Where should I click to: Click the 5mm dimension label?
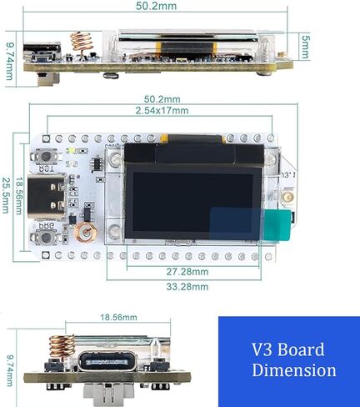coord(305,47)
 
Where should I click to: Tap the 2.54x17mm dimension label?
coord(162,111)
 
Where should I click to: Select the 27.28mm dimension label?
coord(187,272)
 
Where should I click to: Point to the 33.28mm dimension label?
coord(187,287)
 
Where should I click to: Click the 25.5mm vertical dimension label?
coord(6,195)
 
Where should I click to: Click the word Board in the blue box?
coord(301,349)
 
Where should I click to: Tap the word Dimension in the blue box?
coord(294,370)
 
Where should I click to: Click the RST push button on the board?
coord(46,156)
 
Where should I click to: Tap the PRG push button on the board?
coord(46,238)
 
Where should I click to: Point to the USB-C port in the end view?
coord(106,362)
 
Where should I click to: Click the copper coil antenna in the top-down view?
coord(86,232)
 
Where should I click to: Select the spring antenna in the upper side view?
coord(81,43)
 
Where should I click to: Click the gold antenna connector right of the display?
coord(287,197)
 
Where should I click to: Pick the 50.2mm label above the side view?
coord(157,6)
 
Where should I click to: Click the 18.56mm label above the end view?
coord(118,317)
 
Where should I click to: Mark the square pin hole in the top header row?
coord(47,138)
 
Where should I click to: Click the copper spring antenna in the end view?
coord(62,347)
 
